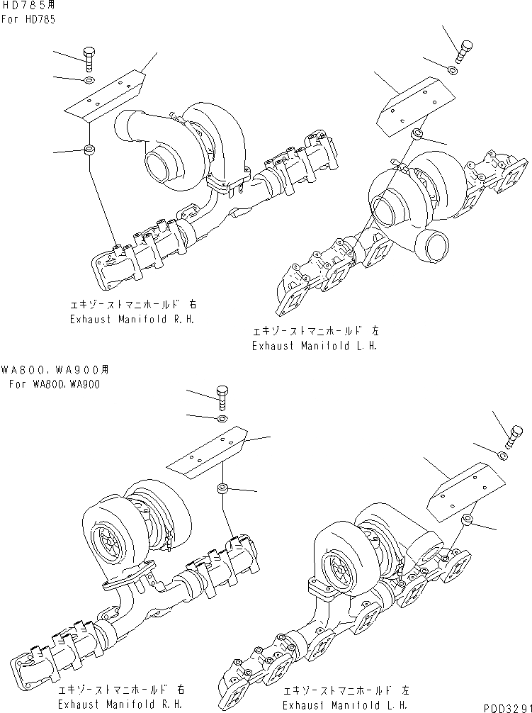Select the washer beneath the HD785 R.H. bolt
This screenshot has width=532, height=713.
(x=88, y=82)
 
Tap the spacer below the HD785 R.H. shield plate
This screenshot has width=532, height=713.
(x=90, y=150)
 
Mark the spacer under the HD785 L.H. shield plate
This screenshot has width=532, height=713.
(x=419, y=134)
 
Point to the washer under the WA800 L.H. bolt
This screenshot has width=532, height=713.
(x=502, y=455)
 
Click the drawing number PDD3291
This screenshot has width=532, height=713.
(x=506, y=707)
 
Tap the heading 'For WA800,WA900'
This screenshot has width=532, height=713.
(x=55, y=384)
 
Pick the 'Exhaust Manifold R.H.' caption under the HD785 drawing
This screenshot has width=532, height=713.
(x=132, y=319)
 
